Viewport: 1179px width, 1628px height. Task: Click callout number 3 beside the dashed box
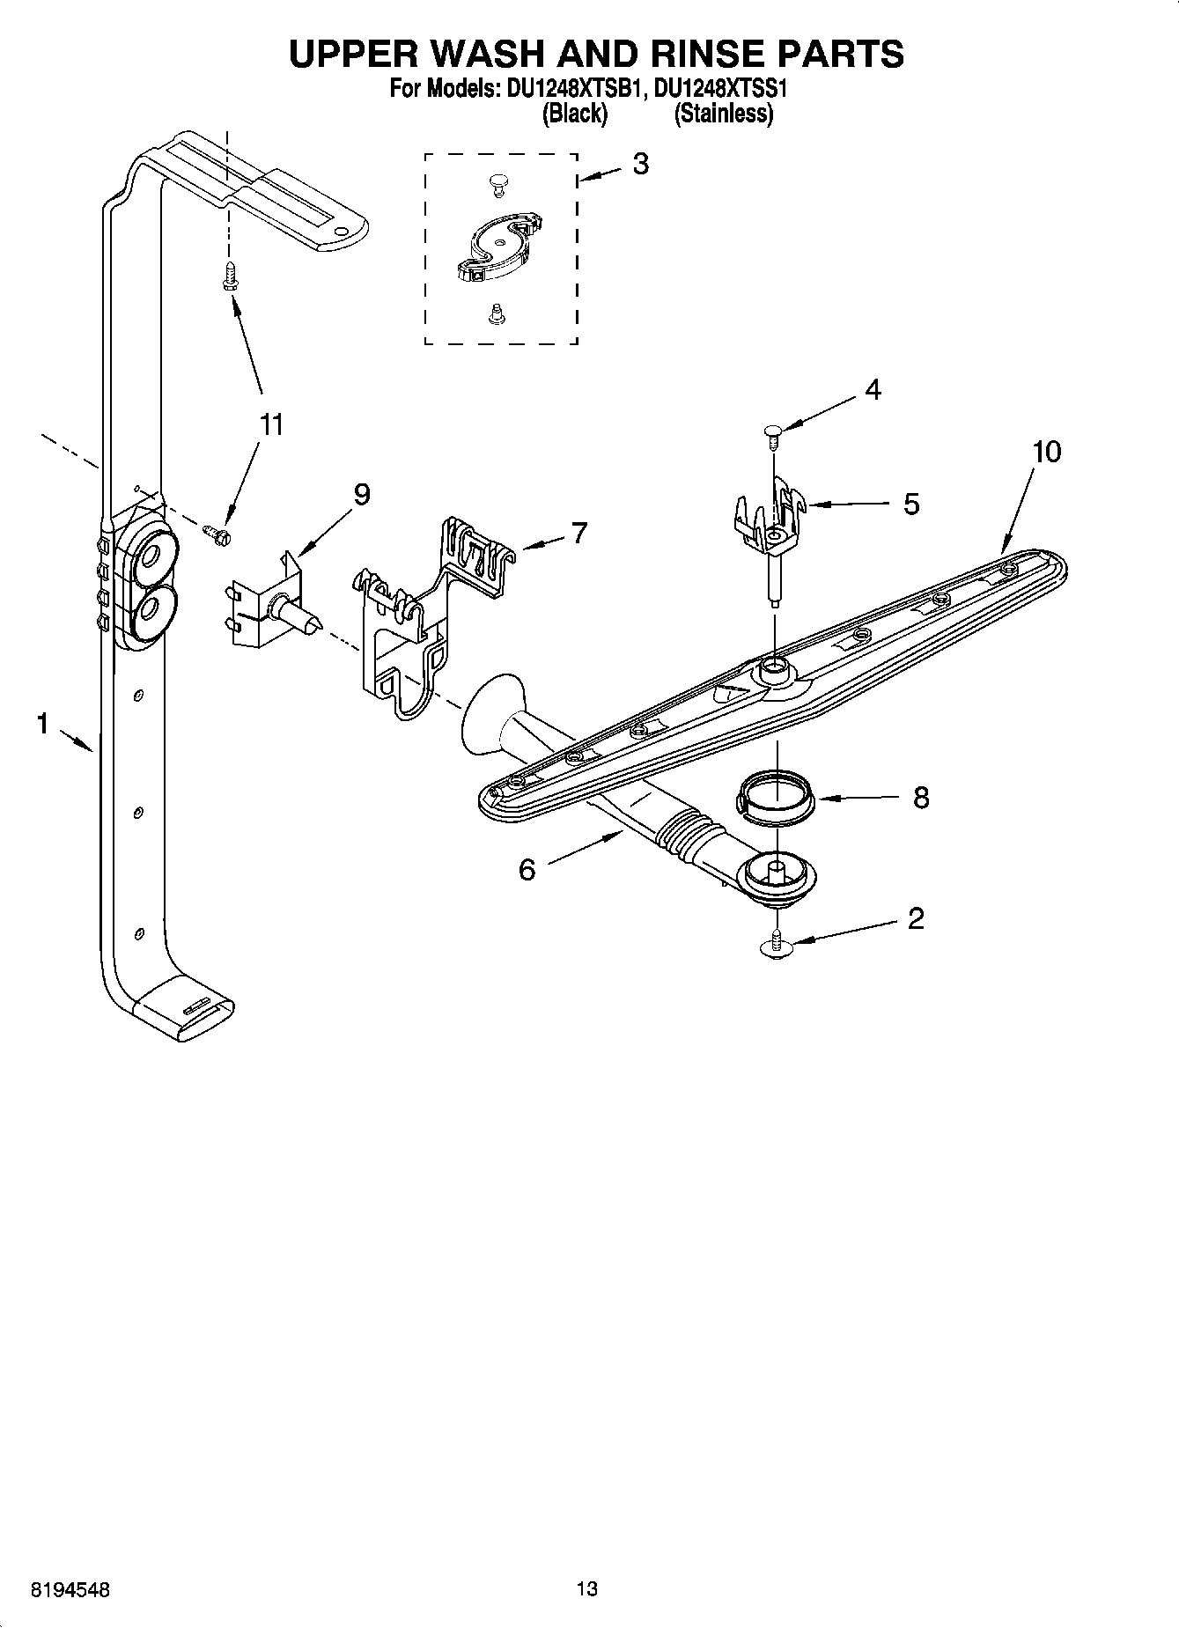[x=641, y=164]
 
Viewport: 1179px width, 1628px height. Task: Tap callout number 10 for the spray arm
[x=1047, y=452]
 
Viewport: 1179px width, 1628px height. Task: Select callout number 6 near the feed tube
[x=527, y=870]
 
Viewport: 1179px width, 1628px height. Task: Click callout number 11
[x=271, y=424]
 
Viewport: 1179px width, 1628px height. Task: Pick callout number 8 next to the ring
[x=921, y=798]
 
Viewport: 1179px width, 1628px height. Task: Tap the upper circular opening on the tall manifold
[x=149, y=556]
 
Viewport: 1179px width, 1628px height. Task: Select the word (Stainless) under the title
[x=723, y=114]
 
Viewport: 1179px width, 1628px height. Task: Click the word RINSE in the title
[x=685, y=54]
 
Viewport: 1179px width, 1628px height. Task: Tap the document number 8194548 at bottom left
[x=70, y=1590]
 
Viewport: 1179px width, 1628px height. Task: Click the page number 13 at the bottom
[x=587, y=1589]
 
